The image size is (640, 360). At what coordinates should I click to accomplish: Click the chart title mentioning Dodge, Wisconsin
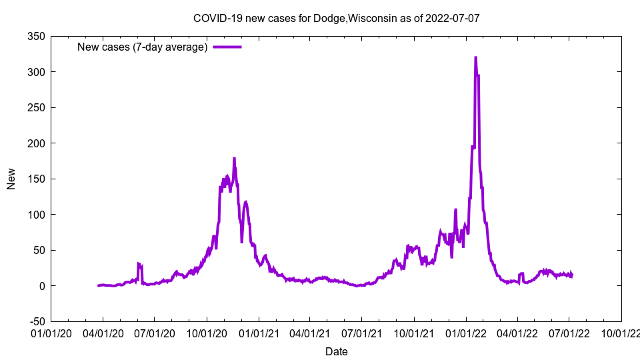[336, 18]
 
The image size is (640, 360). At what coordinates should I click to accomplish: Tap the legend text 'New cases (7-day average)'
[143, 47]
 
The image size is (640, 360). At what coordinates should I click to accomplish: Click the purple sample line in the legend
[227, 47]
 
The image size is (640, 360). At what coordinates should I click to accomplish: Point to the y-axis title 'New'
[11, 179]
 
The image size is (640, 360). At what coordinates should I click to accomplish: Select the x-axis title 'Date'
[336, 351]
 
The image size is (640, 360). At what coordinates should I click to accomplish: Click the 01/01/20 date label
[51, 333]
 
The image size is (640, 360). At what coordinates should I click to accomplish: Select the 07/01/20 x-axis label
[155, 333]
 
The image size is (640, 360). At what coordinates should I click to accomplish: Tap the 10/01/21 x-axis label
[414, 333]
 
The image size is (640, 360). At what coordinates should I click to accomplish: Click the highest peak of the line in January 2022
[475, 58]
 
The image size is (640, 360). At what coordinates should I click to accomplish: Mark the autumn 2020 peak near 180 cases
[234, 159]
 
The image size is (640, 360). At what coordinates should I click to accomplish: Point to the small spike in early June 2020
[139, 264]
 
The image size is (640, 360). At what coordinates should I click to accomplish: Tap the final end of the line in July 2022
[572, 275]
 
